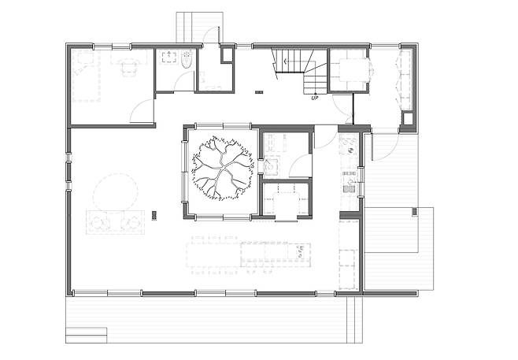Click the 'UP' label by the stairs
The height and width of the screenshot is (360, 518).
(x=315, y=98)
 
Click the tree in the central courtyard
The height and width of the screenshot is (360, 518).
(x=224, y=168)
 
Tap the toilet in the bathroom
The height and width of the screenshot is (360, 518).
(x=187, y=60)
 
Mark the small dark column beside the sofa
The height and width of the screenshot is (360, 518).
(x=154, y=216)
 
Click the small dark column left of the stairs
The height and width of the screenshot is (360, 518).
(x=259, y=92)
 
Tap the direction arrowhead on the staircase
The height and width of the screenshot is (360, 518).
(x=285, y=61)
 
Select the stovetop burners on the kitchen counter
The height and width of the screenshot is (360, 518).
(x=349, y=146)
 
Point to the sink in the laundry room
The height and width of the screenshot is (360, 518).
(x=272, y=166)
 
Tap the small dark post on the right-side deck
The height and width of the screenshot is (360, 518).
(x=414, y=211)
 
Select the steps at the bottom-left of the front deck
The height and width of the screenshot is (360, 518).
(x=87, y=336)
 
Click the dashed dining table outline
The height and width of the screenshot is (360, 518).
(x=213, y=255)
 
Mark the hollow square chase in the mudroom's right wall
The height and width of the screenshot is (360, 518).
(x=409, y=119)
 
